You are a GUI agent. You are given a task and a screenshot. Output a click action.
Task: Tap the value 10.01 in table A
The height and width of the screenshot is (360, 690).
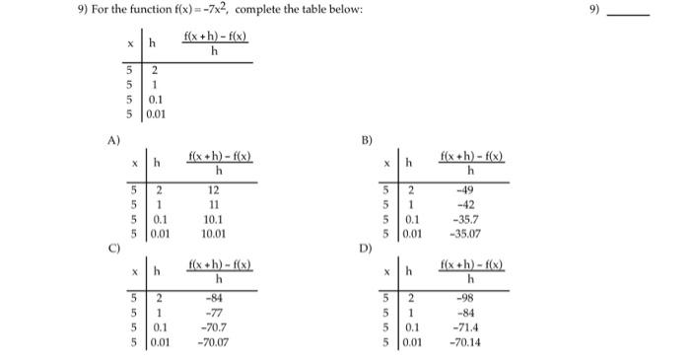213,234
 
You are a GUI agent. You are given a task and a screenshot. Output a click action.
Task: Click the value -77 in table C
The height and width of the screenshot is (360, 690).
213,313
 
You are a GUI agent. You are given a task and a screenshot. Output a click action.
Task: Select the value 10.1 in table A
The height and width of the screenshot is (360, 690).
213,220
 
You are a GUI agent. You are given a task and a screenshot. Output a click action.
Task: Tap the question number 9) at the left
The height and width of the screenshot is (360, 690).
14,10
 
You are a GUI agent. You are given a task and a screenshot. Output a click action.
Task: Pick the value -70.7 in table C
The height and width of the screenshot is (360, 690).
213,327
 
